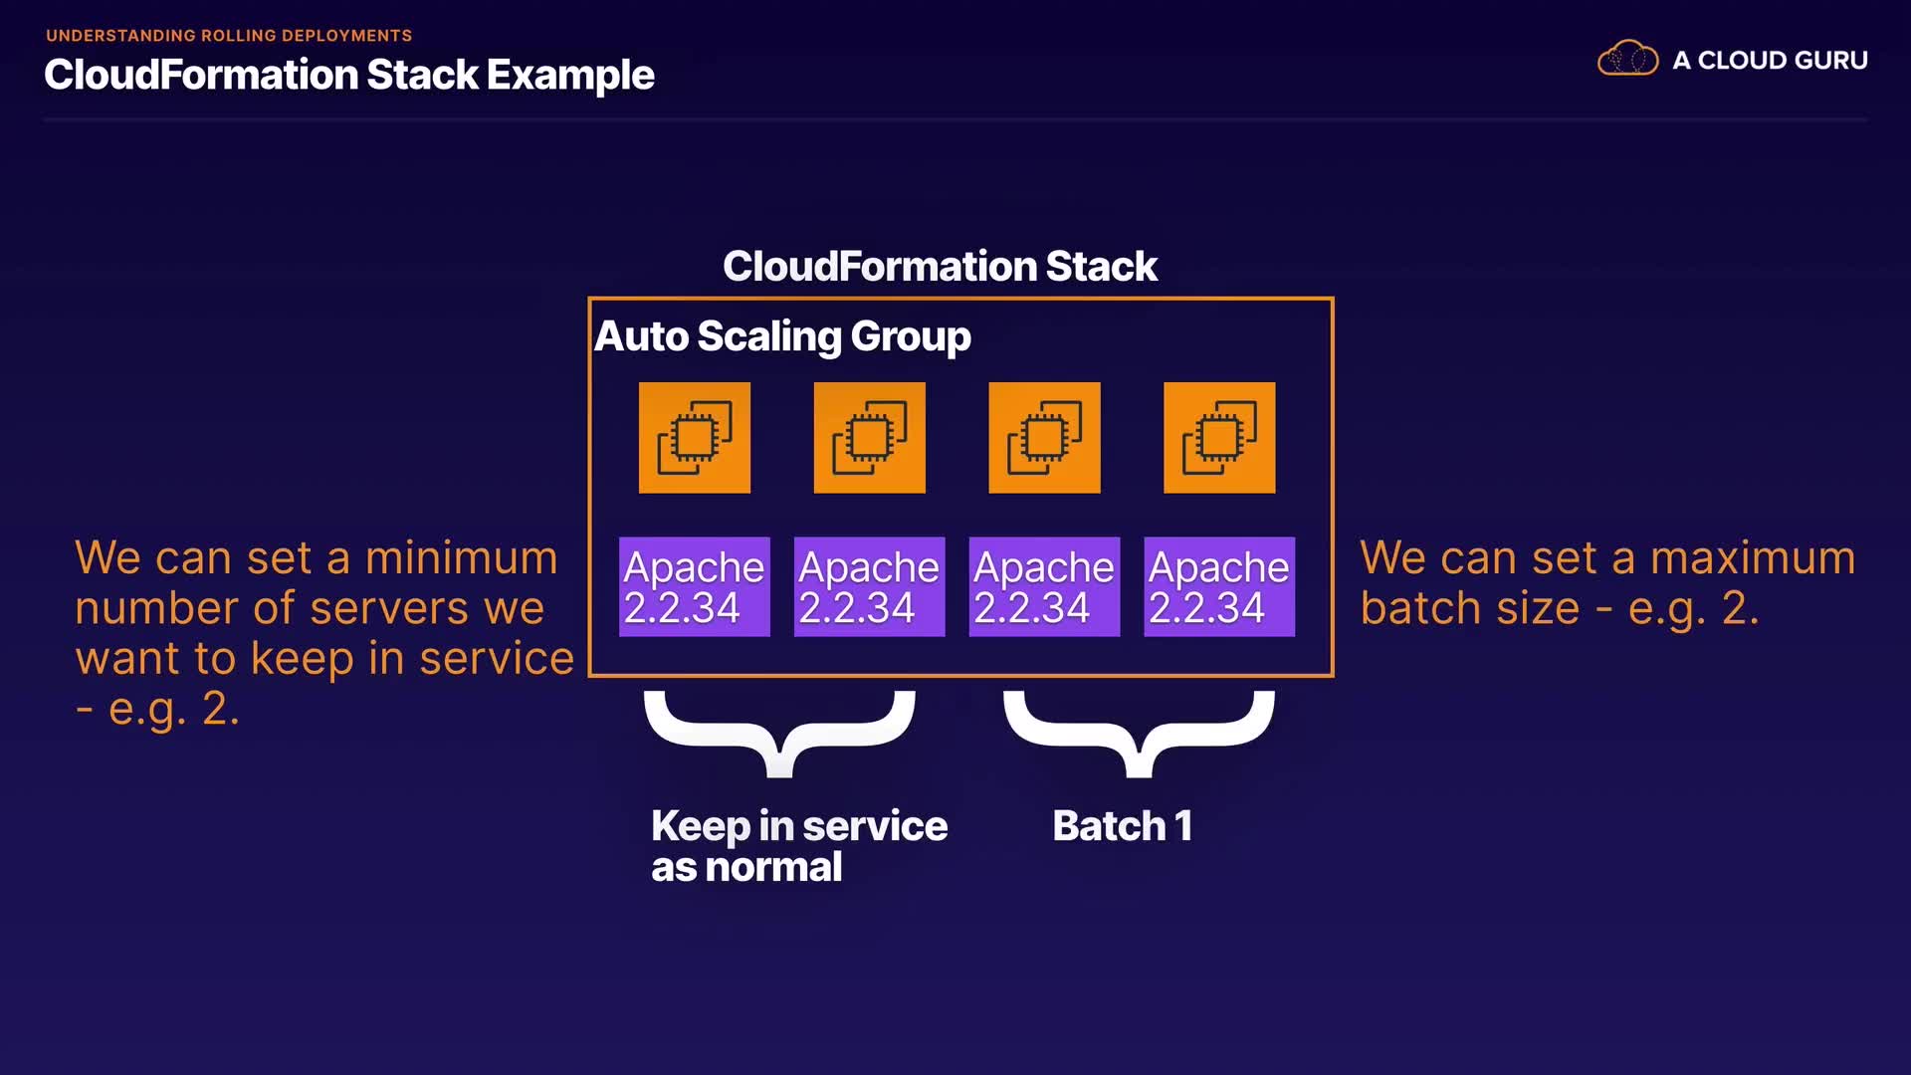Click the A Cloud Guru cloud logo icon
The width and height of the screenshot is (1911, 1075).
pyautogui.click(x=1627, y=59)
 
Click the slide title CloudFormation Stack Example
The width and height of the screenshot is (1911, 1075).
pyautogui.click(x=348, y=76)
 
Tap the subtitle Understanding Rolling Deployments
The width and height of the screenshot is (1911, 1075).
pyautogui.click(x=229, y=36)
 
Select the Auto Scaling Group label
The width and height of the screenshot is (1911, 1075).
pyautogui.click(x=782, y=336)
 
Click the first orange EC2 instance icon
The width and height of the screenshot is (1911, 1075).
pyautogui.click(x=695, y=438)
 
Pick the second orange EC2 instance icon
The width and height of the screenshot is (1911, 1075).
pyautogui.click(x=870, y=438)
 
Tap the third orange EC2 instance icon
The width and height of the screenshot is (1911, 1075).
pyautogui.click(x=1044, y=438)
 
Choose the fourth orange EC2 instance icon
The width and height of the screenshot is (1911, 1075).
pyautogui.click(x=1219, y=438)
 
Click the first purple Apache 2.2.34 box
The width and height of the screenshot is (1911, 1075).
pyautogui.click(x=695, y=587)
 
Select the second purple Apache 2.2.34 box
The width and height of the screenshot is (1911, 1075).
pyautogui.click(x=869, y=587)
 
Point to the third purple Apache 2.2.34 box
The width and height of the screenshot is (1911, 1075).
pyautogui.click(x=1044, y=587)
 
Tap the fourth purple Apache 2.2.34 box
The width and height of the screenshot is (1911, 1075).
pyautogui.click(x=1219, y=587)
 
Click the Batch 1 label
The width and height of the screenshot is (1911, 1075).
pyautogui.click(x=1122, y=826)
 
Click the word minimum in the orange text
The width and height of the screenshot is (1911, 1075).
pyautogui.click(x=461, y=557)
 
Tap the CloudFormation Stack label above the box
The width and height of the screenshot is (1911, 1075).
pyautogui.click(x=940, y=267)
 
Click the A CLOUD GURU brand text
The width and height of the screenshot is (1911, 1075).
pyautogui.click(x=1770, y=61)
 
